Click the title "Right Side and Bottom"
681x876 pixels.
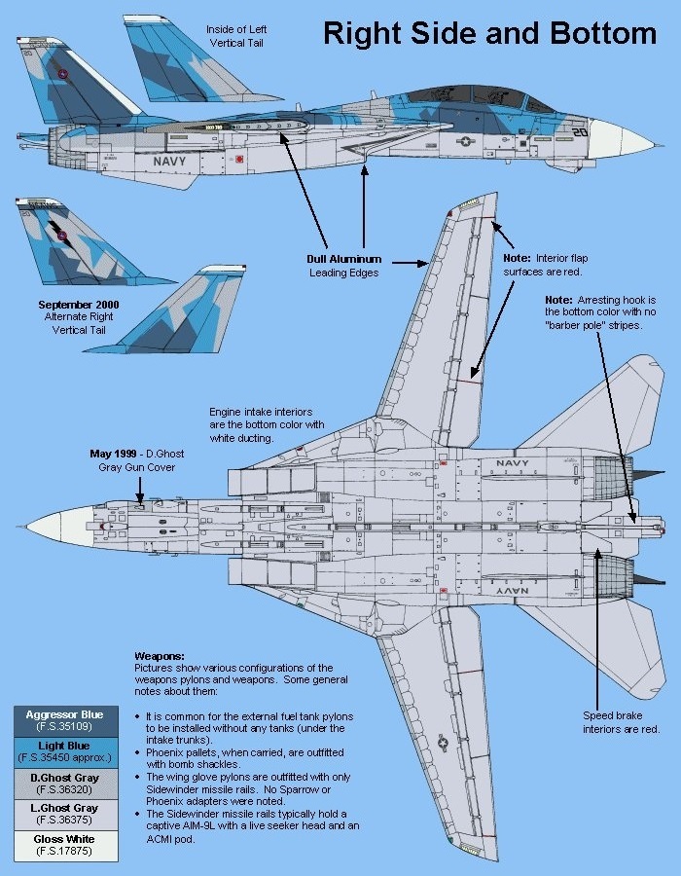click(x=489, y=33)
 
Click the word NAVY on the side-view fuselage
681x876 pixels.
click(x=169, y=162)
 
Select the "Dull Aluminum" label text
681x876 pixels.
click(x=344, y=259)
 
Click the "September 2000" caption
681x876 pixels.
click(x=79, y=305)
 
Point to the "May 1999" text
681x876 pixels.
click(x=114, y=454)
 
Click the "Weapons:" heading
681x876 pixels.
click(x=160, y=656)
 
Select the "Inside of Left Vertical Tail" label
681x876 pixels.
click(x=236, y=36)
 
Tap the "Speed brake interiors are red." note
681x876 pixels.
click(x=622, y=722)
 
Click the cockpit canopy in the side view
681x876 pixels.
click(x=479, y=100)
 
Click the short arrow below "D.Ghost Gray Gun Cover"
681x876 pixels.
click(x=139, y=491)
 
